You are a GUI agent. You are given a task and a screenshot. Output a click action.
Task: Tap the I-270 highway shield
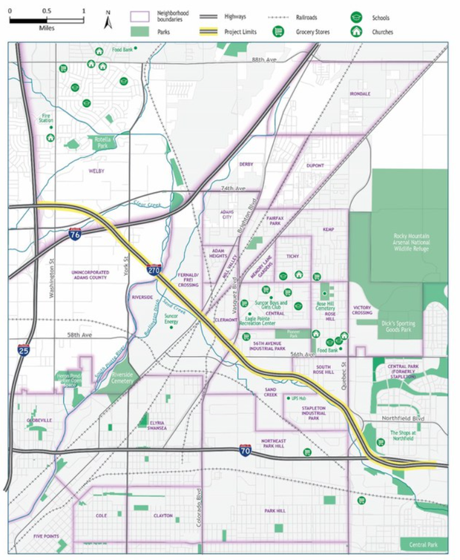pos(154,271)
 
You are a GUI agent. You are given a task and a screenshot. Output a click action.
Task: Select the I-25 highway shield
pos(24,349)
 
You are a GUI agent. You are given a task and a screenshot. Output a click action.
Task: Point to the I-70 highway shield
pos(246,450)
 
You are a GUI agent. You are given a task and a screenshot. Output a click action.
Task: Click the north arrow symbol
pos(108,20)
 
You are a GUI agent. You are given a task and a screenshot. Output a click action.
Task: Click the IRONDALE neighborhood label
pos(360,94)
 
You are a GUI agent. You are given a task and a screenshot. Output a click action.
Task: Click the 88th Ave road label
pos(263,59)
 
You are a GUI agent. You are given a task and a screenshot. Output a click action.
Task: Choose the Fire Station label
pos(47,119)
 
